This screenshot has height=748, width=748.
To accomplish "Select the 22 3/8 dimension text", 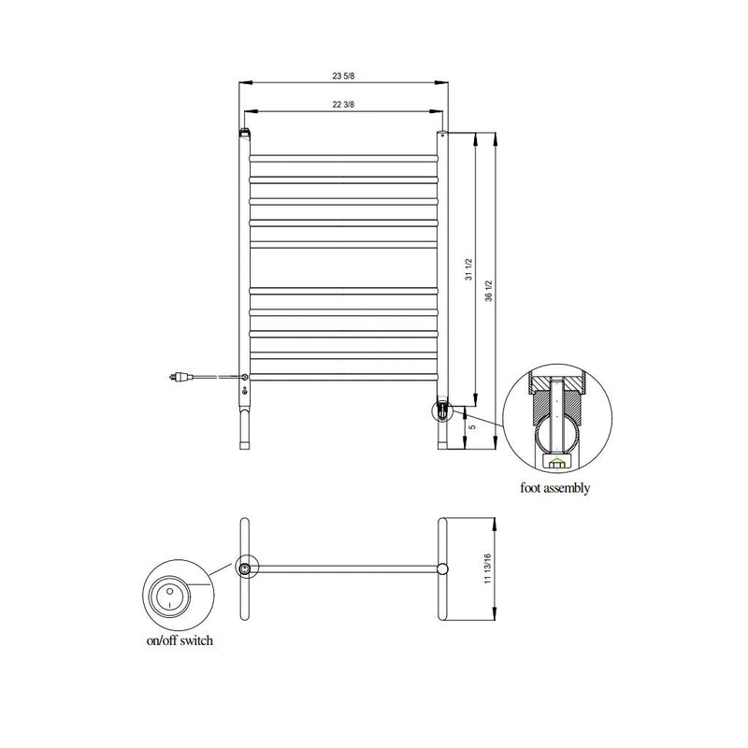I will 341,105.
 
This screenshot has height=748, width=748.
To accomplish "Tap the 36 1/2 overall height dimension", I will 488,290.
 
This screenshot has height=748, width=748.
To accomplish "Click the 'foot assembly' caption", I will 556,488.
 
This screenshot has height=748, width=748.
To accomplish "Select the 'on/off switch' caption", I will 179,641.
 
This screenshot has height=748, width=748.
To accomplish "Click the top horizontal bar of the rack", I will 342,155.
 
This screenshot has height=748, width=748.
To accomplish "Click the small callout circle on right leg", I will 441,409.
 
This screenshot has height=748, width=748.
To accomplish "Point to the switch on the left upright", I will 244,377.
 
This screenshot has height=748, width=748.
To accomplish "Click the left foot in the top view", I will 244,568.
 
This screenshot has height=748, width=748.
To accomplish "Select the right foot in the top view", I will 442,568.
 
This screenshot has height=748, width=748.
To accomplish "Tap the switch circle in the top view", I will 244,568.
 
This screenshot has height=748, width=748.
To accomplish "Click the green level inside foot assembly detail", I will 555,461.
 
